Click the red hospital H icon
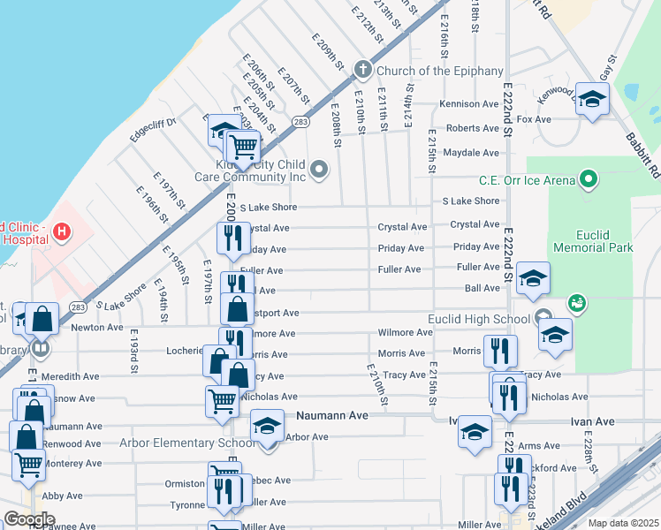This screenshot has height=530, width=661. (x=61, y=232)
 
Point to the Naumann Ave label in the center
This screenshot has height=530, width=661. (x=331, y=415)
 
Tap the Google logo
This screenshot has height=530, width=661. (x=29, y=519)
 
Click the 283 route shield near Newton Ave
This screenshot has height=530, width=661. (x=78, y=307)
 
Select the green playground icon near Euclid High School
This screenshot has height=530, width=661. (x=577, y=303)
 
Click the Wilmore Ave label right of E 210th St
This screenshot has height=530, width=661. (x=405, y=333)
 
